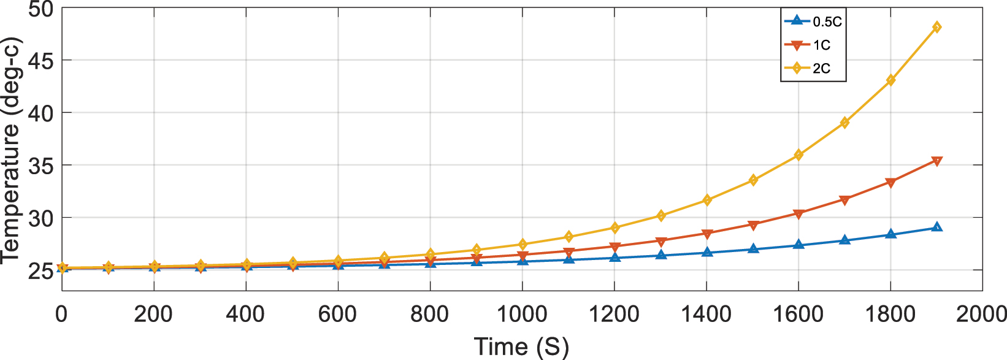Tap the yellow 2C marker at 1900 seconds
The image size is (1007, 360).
tap(936, 27)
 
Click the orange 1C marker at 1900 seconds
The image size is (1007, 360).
tap(936, 161)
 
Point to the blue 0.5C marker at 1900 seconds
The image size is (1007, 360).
tap(936, 227)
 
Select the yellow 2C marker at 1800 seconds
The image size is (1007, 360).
tap(890, 80)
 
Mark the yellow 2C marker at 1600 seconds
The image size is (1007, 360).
tap(798, 155)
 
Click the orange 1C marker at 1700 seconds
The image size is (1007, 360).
tap(844, 200)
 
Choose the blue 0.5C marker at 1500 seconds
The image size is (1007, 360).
tap(752, 249)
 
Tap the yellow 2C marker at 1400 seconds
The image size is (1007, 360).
tap(706, 200)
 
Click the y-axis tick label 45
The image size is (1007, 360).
tap(40, 61)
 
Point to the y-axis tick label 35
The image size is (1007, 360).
tap(40, 166)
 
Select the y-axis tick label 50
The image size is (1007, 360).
tap(40, 10)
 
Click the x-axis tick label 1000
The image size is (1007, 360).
tap(522, 315)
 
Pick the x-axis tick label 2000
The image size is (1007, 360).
tap(981, 315)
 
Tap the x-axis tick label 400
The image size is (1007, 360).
tap(245, 315)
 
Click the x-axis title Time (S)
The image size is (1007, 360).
tap(521, 347)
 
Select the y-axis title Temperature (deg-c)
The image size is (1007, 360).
tap(11, 150)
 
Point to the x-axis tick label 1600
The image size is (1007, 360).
tap(798, 315)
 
